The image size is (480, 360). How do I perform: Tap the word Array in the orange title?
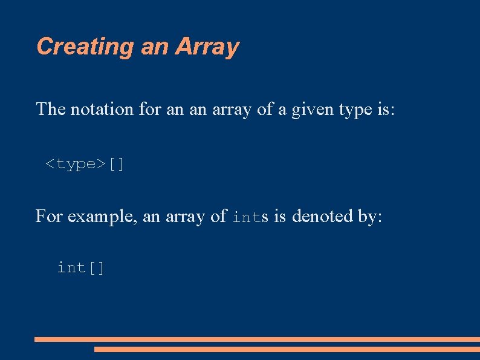[x=207, y=47]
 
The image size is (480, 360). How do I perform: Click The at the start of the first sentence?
[x=51, y=110]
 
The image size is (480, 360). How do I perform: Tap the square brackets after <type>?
[x=117, y=163]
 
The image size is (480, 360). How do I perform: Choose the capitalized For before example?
[x=49, y=216]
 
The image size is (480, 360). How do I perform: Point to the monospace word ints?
[x=251, y=217]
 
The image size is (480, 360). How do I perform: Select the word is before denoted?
[x=280, y=216]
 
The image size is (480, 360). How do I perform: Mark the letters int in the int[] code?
[x=72, y=267]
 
